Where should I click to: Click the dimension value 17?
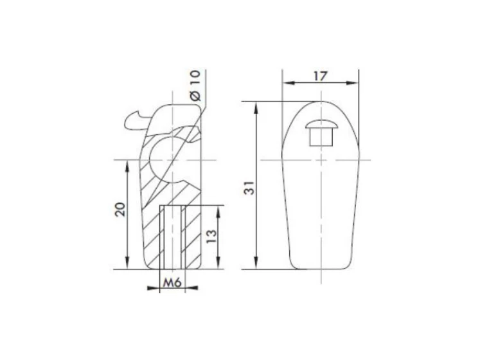coord(320,76)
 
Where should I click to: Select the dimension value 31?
coord(249,188)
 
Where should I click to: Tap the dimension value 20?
coord(120,210)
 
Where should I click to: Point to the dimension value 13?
coord(211,236)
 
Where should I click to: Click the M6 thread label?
coord(172,282)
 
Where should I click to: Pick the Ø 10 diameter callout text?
coord(195,85)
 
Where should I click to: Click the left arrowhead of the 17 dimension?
coord(289,83)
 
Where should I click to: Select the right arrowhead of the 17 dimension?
coord(352,83)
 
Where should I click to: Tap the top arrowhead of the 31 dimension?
coord(256,107)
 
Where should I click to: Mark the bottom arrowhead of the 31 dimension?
coord(256,263)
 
